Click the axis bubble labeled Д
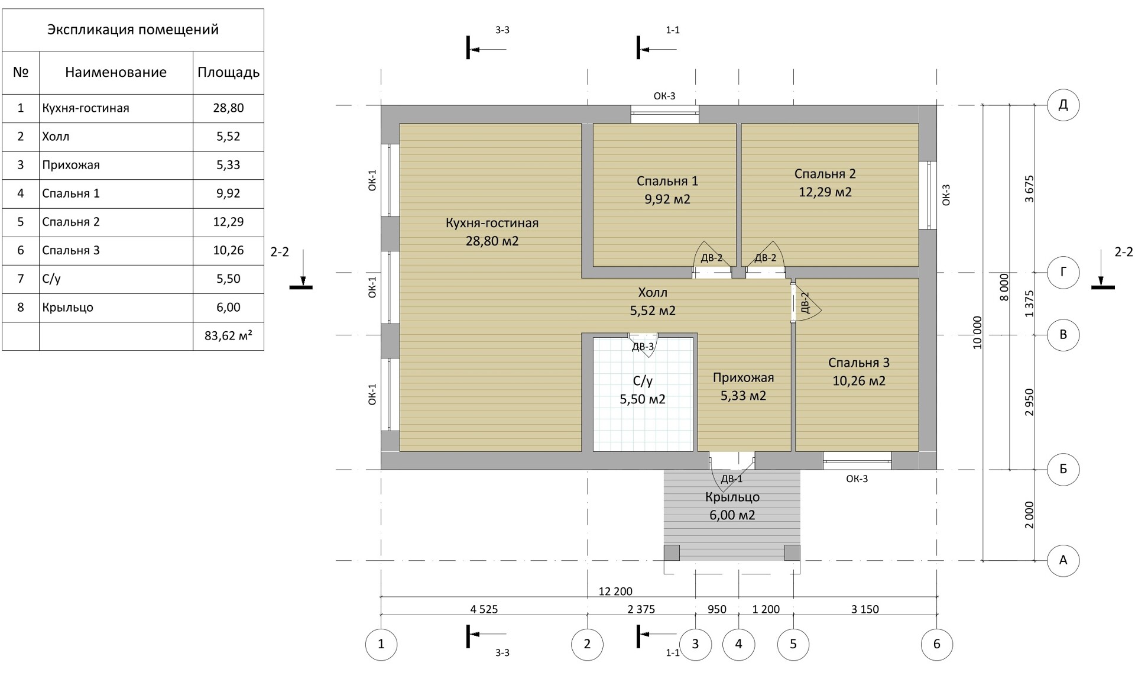tap(1063, 105)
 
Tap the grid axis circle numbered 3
tap(695, 644)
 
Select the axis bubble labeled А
tap(1063, 560)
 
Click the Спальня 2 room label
tap(825, 173)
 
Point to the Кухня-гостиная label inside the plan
tap(492, 223)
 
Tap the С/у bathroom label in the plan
tap(643, 381)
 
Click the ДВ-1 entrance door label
tap(732, 479)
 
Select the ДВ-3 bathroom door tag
tap(643, 347)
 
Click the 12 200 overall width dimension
tap(615, 591)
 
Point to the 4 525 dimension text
tap(484, 609)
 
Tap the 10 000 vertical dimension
tap(977, 332)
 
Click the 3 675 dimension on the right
tap(1029, 189)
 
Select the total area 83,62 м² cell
tap(228, 336)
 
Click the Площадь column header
tap(228, 72)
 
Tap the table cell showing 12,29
tap(228, 222)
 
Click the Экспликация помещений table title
tap(133, 30)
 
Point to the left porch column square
tap(672, 552)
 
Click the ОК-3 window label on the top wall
tap(664, 96)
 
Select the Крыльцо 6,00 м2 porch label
tap(732, 506)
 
